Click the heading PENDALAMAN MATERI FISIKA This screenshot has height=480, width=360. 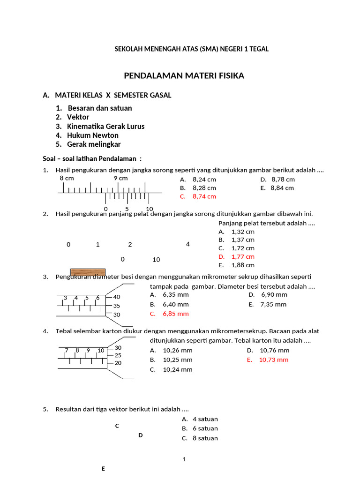pos(184,75)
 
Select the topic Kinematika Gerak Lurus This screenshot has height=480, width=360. pos(105,126)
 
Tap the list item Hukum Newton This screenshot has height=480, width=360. pos(92,135)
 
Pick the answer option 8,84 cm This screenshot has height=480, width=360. pos(282,188)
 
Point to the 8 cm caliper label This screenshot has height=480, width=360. pos(67,179)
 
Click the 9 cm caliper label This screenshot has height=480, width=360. pos(120,179)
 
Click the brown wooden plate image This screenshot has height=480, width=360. pos(88,272)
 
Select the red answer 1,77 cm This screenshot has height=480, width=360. pos(243,256)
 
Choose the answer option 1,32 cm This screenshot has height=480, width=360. pos(243,232)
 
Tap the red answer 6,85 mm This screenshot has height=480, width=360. pos(175,314)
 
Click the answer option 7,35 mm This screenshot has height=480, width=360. pos(274,304)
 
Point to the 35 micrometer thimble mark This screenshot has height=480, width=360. pos(117,306)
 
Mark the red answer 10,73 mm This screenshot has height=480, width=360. pos(273,360)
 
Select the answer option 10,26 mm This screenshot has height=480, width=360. pos(177,350)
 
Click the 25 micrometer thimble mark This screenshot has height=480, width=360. pos(118,355)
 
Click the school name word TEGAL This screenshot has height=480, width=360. pos(259,49)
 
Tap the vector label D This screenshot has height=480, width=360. pos(140,435)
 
